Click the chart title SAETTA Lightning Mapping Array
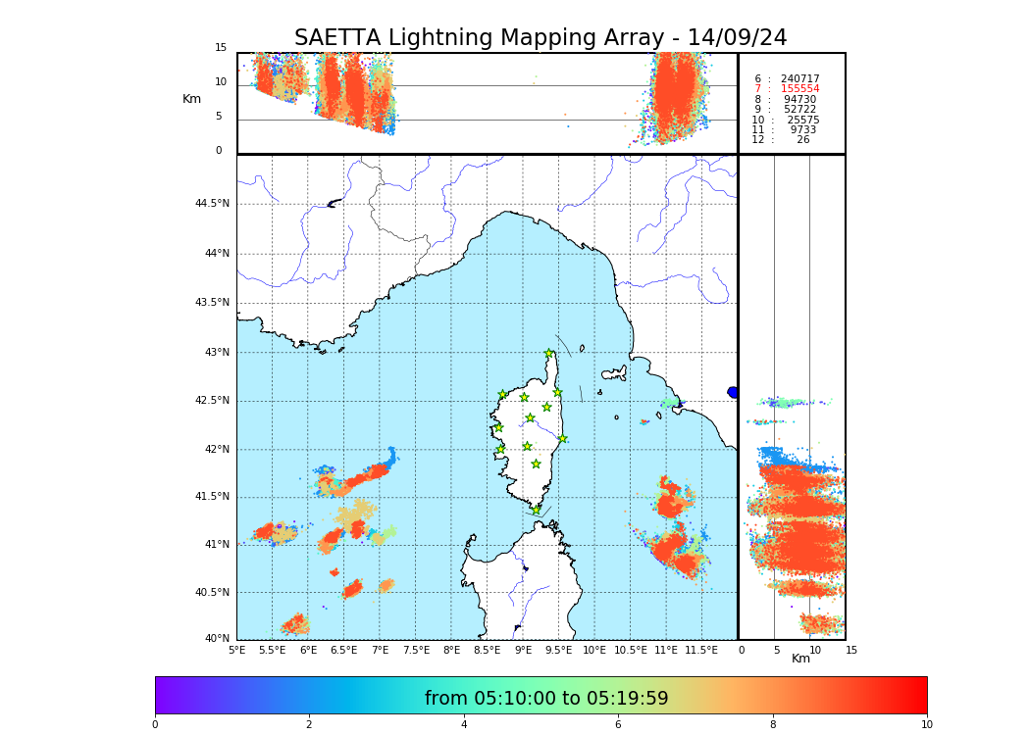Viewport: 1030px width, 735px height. (x=541, y=38)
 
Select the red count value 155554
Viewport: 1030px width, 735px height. (x=799, y=89)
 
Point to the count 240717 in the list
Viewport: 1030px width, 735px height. (x=799, y=78)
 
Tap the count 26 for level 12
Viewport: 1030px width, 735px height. (x=802, y=140)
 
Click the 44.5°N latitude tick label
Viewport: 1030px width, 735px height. (x=212, y=204)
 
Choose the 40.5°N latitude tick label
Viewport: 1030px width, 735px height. (x=212, y=593)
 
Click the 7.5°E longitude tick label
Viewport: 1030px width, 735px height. (x=416, y=650)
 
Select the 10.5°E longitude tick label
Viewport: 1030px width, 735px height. (x=631, y=650)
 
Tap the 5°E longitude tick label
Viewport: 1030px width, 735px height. (x=236, y=650)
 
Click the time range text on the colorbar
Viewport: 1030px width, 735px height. (x=546, y=699)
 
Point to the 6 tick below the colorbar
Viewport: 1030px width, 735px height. (x=618, y=724)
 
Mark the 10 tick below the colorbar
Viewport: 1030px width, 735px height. (x=926, y=724)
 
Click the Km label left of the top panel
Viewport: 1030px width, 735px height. (x=191, y=99)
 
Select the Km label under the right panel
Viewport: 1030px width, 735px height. (x=800, y=659)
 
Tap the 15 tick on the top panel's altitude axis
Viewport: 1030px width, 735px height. (x=221, y=48)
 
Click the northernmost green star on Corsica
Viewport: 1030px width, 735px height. (x=549, y=354)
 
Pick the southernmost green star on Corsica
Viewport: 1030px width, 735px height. (x=536, y=510)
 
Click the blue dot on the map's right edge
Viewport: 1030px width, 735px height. (x=733, y=392)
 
